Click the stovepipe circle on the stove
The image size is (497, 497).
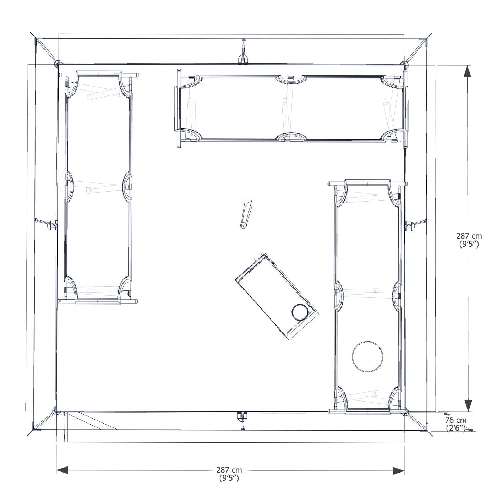click(300, 312)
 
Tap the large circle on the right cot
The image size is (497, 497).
click(367, 357)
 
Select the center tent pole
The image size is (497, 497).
click(246, 214)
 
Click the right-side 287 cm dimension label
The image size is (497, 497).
click(469, 240)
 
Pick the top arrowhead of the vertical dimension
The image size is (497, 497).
click(467, 71)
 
